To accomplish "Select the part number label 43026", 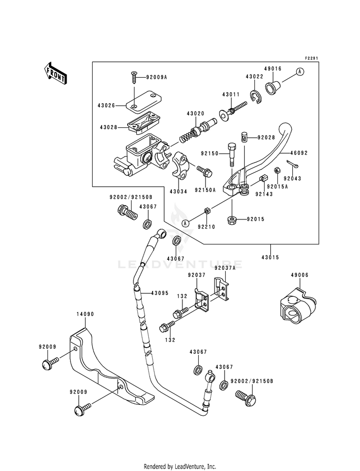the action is [x=106, y=106].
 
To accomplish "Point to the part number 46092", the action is [x=299, y=153].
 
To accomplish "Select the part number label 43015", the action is [x=270, y=257].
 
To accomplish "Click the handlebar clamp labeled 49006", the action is [x=298, y=307].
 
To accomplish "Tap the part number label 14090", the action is [x=85, y=314].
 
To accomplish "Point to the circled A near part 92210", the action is [x=186, y=223].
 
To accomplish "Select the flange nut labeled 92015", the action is [x=232, y=220].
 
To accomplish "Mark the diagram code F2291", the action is [x=312, y=58].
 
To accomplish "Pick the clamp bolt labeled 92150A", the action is [x=205, y=171].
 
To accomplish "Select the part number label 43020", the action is [x=195, y=113].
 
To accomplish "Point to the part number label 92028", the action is [x=266, y=138].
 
